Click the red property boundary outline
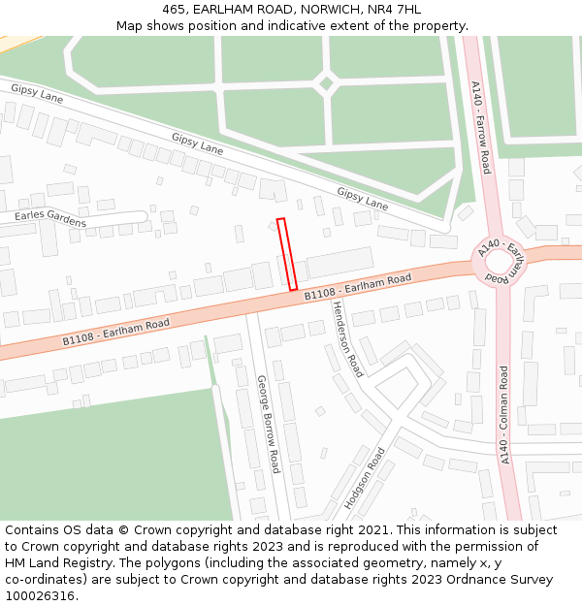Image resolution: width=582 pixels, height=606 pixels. coord(286,254)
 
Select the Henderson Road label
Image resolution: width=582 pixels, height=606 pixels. coord(347,337)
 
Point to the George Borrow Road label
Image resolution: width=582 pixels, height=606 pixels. coord(268,424)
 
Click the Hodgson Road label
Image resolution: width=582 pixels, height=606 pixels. coord(365,478)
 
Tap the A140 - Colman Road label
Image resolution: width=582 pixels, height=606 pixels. coord(503,414)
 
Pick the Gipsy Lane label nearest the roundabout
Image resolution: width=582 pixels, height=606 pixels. coord(362,199)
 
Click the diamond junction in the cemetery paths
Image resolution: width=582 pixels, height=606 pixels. coord(326,83)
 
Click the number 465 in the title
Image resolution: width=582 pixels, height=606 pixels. coord(175,10)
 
